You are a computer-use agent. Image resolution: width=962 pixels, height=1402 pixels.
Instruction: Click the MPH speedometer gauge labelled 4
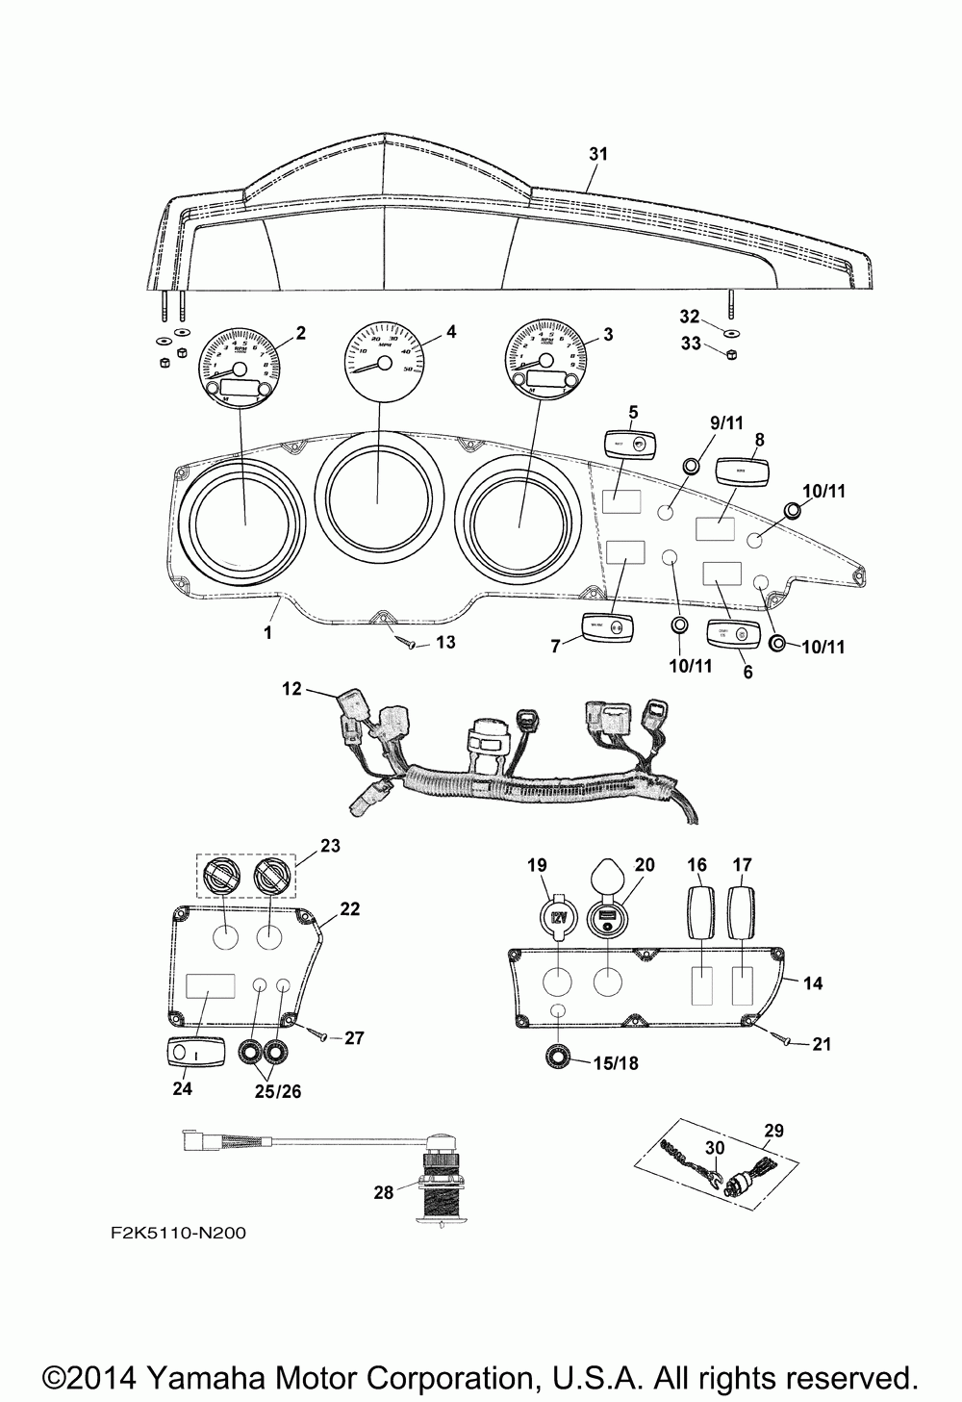pos(384,357)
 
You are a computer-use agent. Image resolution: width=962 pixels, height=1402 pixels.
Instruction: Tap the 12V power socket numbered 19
pos(558,915)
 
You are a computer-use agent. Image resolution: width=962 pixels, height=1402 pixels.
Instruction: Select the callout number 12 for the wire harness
pos(291,688)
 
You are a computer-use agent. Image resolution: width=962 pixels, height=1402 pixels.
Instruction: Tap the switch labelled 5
pos(630,444)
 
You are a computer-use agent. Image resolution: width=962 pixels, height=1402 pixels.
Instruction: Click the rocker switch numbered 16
pos(696,908)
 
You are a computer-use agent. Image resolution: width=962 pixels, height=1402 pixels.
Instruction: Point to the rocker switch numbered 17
pos(742,908)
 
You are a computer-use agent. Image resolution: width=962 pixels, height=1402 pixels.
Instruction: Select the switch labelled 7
pos(608,627)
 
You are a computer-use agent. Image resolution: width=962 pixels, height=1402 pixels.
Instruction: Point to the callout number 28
pos(385,1192)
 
